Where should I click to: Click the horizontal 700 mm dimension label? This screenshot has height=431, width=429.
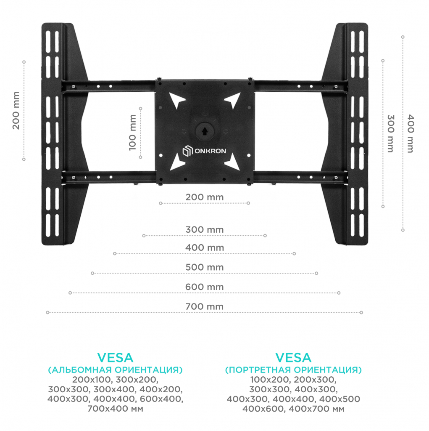pos(205,306)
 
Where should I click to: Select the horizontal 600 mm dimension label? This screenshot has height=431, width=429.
pos(205,287)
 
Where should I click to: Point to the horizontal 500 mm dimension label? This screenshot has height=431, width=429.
pos(205,267)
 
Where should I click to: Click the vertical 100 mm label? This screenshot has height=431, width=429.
pos(133,133)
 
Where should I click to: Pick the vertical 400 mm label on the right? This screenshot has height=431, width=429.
pos(410,133)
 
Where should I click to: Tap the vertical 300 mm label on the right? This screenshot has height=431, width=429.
pos(390,133)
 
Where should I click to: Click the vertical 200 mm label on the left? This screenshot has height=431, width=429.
pos(16,111)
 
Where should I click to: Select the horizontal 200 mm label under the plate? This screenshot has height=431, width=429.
pos(205,197)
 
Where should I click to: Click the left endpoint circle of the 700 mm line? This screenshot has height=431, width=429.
pos(48,313)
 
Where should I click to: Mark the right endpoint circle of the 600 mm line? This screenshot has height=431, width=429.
pos(339,293)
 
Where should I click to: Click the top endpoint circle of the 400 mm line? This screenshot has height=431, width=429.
pos(403,37)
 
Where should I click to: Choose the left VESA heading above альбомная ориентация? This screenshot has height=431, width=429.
pos(115,358)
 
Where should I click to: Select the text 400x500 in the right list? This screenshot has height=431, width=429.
pos(340,399)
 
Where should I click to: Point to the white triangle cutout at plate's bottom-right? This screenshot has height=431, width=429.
pos(233,162)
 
